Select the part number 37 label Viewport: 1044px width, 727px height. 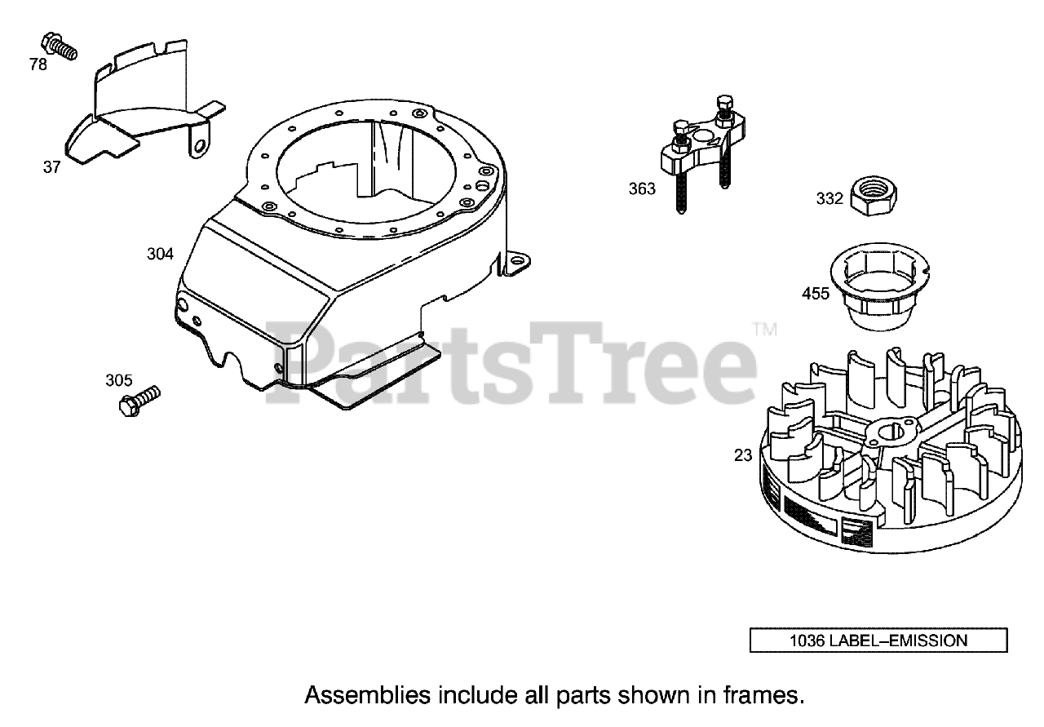[x=52, y=167]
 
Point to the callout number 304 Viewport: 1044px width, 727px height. [x=160, y=254]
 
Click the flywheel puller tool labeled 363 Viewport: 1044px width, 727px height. [x=701, y=151]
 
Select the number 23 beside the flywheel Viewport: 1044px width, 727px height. [x=743, y=455]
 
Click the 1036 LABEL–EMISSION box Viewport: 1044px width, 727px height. [x=878, y=641]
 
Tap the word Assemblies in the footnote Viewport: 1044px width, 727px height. [x=367, y=695]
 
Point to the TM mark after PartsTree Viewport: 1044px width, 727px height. [x=765, y=330]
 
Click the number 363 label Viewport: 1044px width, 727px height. [x=642, y=189]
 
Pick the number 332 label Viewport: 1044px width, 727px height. [x=829, y=198]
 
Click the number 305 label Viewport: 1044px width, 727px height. [x=118, y=379]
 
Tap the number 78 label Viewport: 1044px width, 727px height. [x=38, y=64]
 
